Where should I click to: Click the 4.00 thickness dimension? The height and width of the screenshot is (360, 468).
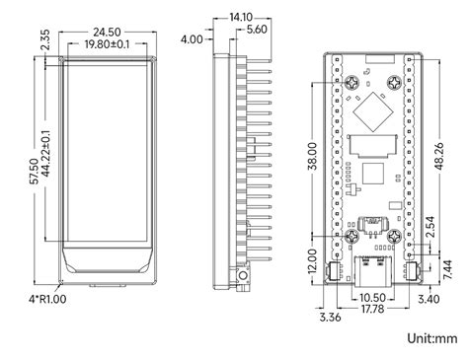194,39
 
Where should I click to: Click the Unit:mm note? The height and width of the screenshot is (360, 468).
431,338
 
